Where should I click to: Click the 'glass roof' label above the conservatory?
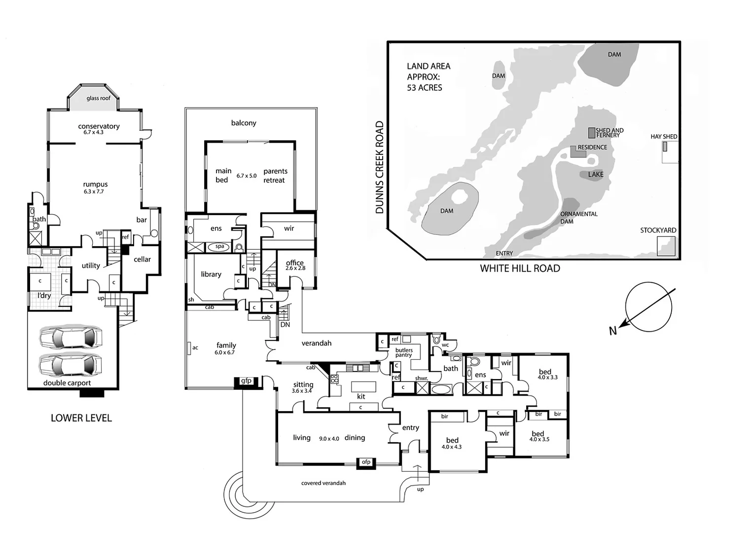(99, 98)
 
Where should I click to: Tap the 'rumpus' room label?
(95, 185)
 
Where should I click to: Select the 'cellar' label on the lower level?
(142, 259)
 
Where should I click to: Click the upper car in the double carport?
(71, 338)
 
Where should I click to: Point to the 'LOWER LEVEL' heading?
(81, 418)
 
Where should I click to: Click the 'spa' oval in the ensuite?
(219, 246)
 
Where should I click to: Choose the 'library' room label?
(211, 274)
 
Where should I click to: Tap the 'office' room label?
(295, 263)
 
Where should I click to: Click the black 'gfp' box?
(246, 381)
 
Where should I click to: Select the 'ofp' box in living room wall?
(366, 462)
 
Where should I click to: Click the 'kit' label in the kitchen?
(361, 396)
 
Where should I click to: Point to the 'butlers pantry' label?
(404, 352)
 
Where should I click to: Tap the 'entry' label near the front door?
(410, 428)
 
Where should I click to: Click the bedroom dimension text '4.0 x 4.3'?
(452, 447)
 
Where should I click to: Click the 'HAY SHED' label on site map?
(664, 137)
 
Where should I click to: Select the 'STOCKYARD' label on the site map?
(658, 230)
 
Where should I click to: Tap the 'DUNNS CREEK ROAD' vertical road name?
(379, 167)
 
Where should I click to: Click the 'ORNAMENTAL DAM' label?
(578, 218)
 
